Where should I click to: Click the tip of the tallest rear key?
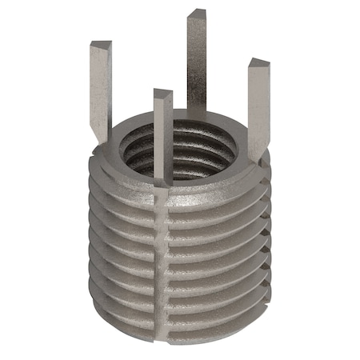tap(197, 14)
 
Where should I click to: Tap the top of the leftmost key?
tap(101, 43)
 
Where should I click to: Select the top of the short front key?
tap(162, 94)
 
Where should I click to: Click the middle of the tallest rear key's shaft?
tap(198, 64)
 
